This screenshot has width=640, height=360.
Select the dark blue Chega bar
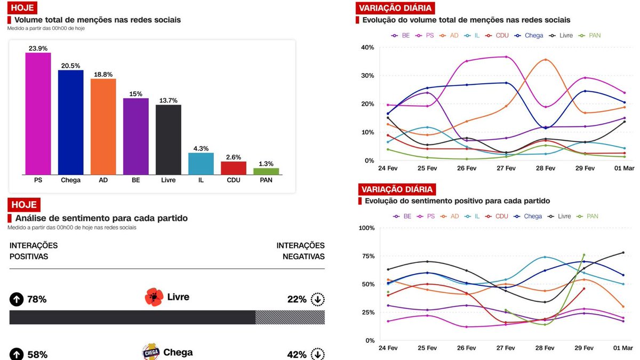click(x=70, y=122)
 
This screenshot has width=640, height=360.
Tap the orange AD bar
click(x=103, y=126)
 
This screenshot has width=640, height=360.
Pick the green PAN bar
click(x=266, y=171)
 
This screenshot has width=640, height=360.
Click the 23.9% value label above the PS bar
click(x=38, y=47)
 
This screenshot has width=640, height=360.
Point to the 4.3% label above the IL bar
click(x=201, y=148)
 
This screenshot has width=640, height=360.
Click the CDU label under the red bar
click(x=233, y=180)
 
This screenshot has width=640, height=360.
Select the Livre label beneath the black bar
click(x=168, y=180)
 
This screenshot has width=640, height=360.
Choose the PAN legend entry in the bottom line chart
click(x=590, y=217)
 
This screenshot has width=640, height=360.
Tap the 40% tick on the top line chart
click(x=367, y=47)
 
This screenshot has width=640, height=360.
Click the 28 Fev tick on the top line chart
click(x=546, y=169)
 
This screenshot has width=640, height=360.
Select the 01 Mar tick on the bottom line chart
click(x=623, y=348)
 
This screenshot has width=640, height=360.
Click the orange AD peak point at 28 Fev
click(x=545, y=60)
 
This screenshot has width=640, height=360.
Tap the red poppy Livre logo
click(x=154, y=297)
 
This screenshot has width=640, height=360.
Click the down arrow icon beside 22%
click(x=318, y=299)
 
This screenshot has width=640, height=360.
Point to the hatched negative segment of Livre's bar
click(x=290, y=317)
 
